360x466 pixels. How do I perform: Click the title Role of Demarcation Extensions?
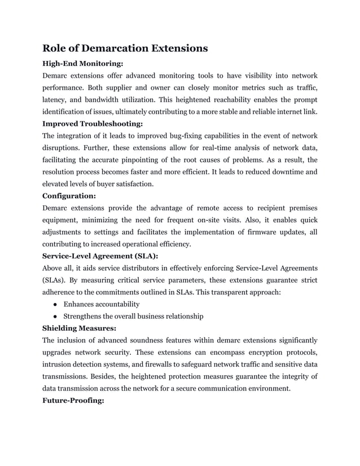[x=125, y=48]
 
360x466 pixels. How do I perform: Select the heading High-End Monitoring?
[x=83, y=64]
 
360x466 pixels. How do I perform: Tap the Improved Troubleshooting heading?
[x=93, y=123]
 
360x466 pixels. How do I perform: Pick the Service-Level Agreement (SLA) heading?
[x=100, y=256]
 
